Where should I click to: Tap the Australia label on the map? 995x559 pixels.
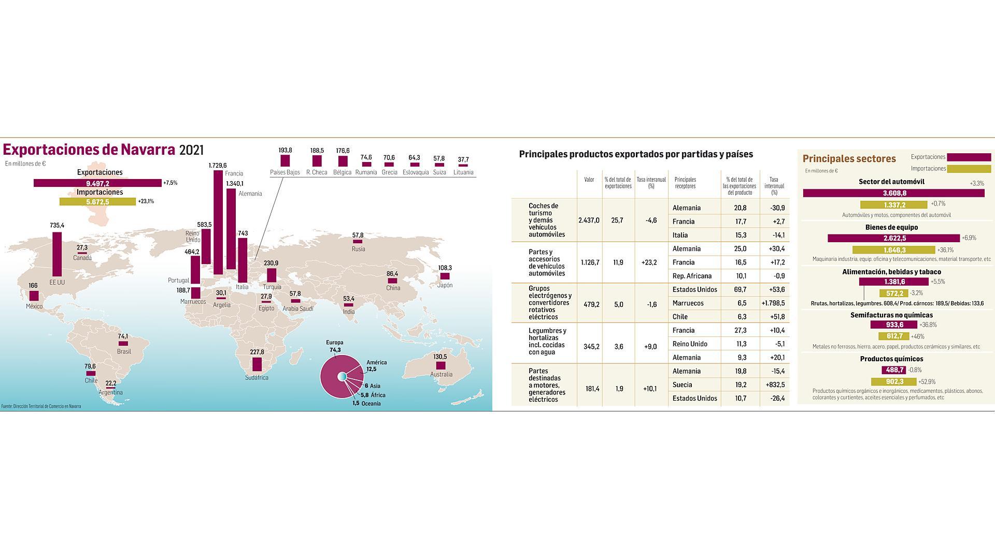click(441, 374)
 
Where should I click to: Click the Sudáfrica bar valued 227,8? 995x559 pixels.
click(257, 364)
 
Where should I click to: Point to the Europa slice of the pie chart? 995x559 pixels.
click(332, 386)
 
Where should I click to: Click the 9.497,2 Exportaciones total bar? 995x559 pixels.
click(97, 183)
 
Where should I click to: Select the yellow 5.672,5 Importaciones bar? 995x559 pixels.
click(97, 202)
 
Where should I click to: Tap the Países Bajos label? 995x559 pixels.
click(285, 172)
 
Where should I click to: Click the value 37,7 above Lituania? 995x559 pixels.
click(463, 159)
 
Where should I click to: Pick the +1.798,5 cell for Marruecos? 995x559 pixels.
click(773, 303)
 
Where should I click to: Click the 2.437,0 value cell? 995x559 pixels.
click(589, 220)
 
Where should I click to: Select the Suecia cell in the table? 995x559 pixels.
click(682, 385)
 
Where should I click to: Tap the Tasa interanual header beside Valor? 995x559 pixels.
click(651, 183)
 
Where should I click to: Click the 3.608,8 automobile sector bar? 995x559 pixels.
click(893, 193)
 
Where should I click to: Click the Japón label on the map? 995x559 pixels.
click(445, 285)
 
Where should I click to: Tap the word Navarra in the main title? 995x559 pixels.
click(148, 150)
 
